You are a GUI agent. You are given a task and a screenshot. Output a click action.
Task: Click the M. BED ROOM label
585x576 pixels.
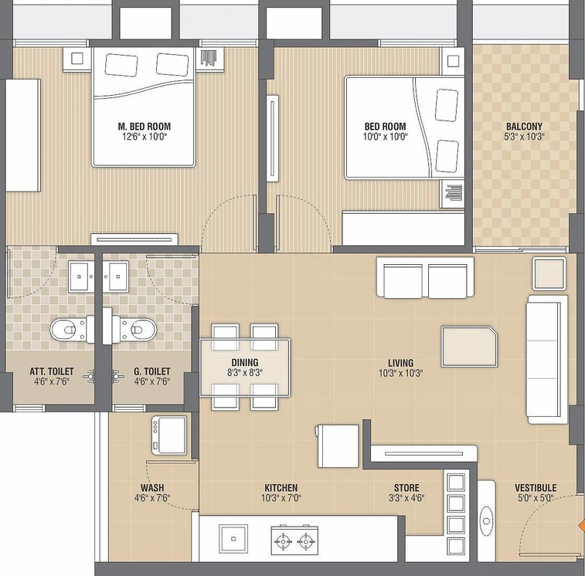coord(145,127)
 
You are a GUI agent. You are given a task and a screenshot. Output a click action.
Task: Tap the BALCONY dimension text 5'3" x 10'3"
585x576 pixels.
coord(524,137)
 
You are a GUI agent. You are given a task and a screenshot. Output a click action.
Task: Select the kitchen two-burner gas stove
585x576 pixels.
coord(294,540)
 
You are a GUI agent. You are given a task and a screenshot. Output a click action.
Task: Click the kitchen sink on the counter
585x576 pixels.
coord(233,539)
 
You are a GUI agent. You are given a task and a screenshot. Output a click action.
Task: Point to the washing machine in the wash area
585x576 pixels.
coord(169,435)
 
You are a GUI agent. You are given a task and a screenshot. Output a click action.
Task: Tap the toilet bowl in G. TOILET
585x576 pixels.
coord(134,330)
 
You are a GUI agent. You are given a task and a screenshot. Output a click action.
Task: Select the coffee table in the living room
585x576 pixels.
coord(469,347)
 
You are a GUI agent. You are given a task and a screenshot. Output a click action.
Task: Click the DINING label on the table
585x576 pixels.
coord(245,362)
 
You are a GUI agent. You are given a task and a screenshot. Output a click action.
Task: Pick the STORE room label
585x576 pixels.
coord(406,488)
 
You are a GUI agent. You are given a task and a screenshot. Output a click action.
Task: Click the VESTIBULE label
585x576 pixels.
coord(536,488)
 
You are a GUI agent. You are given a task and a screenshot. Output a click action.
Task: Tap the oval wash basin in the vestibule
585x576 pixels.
coord(487,521)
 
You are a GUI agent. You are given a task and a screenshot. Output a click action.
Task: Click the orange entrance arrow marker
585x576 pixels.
coord(581,526)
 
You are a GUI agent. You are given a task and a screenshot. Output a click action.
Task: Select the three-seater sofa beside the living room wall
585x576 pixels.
coord(546,359)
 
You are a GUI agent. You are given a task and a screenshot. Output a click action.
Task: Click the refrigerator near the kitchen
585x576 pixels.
coord(338,446)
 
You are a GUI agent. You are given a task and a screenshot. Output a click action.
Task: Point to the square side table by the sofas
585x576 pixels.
coord(549,273)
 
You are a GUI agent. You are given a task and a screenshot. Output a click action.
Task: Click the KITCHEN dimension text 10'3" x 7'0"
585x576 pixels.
coord(281,497)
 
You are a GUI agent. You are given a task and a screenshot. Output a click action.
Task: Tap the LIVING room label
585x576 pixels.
coord(401,363)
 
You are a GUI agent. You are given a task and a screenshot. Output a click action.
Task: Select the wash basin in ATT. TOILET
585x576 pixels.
coord(81,276)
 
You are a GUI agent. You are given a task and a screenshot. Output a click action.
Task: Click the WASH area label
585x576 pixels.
coord(152,488)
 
